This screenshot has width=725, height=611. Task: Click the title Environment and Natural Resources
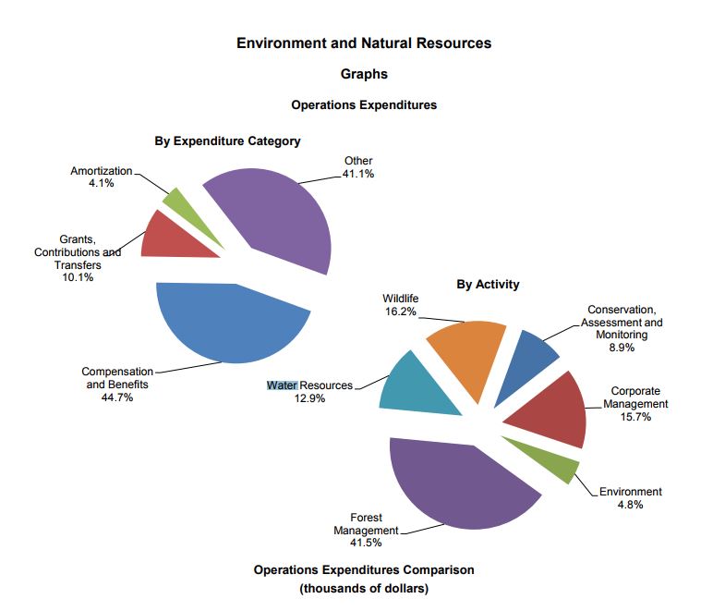364,43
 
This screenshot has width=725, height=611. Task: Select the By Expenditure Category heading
227,141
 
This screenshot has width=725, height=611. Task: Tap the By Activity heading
488,284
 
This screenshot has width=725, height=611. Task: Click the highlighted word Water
282,385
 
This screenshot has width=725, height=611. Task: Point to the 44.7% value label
117,397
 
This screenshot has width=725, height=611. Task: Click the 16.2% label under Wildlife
400,312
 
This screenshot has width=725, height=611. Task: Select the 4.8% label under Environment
630,505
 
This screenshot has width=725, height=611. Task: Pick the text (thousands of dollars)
364,588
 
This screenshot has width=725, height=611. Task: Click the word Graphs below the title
364,74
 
